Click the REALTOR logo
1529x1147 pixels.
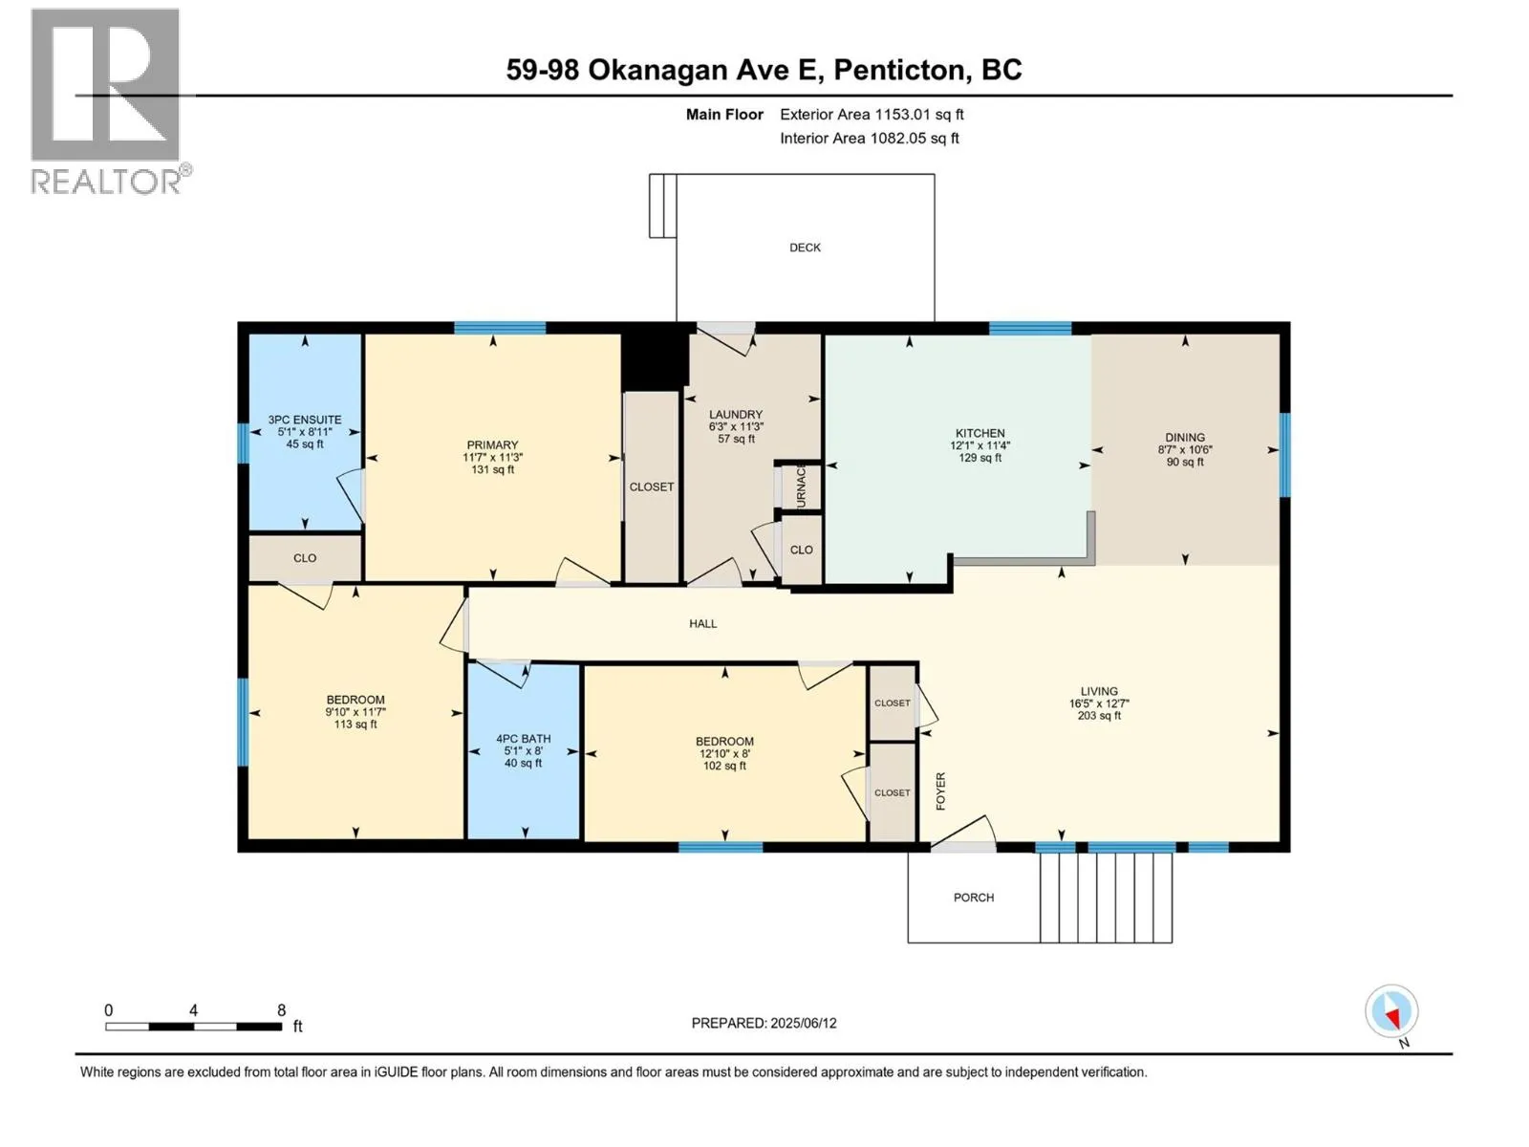(110, 101)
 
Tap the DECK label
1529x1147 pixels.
(805, 248)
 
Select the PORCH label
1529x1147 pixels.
(973, 898)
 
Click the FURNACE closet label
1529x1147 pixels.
(801, 487)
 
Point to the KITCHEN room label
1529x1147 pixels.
(980, 433)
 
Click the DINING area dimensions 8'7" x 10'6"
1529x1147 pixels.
(1185, 450)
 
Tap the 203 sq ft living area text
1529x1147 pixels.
(1099, 715)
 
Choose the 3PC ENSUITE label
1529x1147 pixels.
(305, 420)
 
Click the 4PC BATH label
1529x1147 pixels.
(523, 738)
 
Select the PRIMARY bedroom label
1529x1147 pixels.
(492, 445)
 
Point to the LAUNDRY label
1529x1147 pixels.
(736, 415)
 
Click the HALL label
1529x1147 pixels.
(702, 624)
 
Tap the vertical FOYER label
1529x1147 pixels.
(940, 791)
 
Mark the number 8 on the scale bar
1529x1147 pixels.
(281, 1009)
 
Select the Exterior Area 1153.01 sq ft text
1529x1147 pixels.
(872, 114)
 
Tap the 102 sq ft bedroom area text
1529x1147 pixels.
(724, 766)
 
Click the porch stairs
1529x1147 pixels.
(1107, 897)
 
